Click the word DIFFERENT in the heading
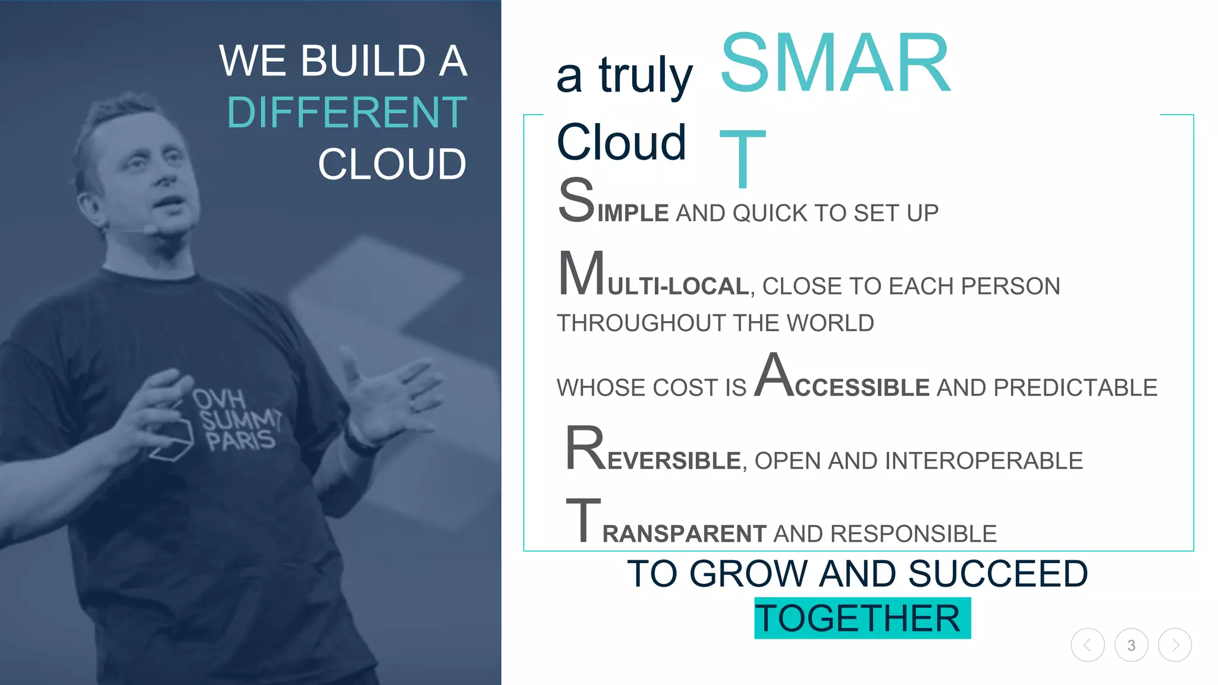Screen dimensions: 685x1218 coord(347,112)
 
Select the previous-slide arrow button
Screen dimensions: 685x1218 coord(1088,645)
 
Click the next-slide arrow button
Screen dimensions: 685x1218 coord(1175,645)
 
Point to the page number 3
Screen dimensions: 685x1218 coord(1131,645)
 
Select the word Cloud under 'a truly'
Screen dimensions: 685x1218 coord(621,142)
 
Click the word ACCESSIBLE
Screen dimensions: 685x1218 coord(842,381)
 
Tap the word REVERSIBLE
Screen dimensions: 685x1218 coord(653,455)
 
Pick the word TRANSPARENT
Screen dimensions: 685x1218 coord(666,526)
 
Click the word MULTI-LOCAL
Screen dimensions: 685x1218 coord(654,279)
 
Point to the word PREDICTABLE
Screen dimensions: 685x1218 coord(1075,388)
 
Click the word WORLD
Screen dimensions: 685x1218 coord(830,323)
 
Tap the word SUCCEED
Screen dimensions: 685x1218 coord(998,574)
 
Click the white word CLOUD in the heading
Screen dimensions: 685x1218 coord(392,164)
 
